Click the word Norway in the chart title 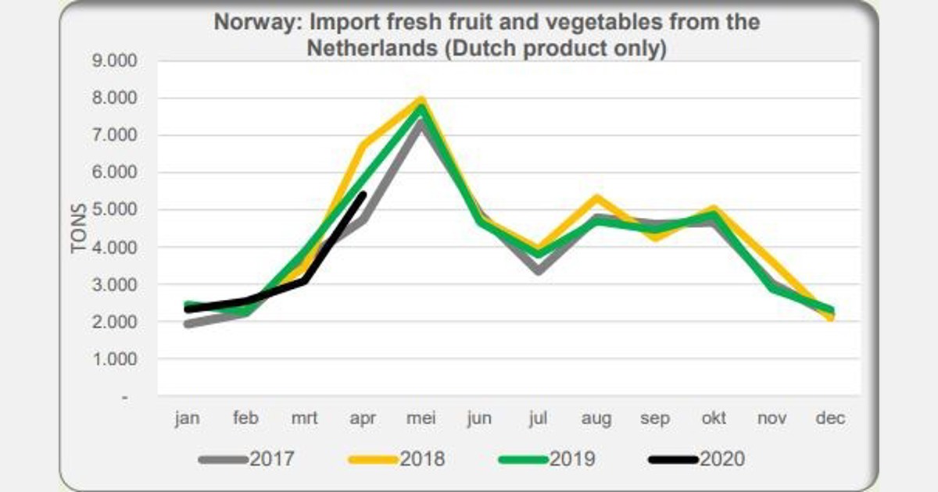[249, 22]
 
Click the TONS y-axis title [79, 227]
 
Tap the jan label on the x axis [188, 419]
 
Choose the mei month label [421, 419]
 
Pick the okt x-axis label [713, 419]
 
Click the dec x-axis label [830, 419]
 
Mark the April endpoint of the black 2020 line [363, 195]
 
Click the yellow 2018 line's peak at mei [421, 100]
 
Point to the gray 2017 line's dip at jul [538, 271]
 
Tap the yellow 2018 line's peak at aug [596, 198]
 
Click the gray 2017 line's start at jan [188, 324]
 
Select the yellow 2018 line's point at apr [363, 144]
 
